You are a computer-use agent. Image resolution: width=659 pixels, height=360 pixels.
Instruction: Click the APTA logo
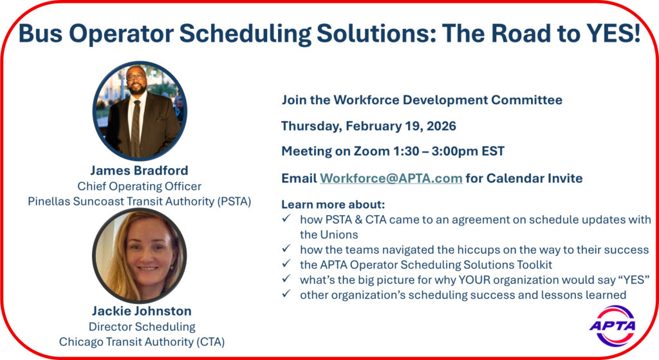pos(613,326)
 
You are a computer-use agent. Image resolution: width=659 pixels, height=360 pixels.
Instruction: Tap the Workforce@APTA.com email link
pos(391,178)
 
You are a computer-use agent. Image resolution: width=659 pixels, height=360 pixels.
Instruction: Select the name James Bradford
pos(139,170)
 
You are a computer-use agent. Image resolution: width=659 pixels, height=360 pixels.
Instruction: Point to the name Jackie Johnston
pos(142,311)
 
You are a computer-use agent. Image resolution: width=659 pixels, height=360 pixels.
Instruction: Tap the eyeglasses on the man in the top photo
pos(136,77)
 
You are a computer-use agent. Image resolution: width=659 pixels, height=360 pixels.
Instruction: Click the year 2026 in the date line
pos(441,126)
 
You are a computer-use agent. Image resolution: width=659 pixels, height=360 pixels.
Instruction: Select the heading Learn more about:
pos(333,204)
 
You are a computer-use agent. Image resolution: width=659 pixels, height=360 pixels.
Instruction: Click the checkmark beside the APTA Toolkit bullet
pos(286,263)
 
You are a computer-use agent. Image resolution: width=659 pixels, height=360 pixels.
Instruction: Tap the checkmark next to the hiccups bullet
pos(286,249)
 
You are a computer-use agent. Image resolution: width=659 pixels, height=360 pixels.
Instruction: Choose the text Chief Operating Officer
pos(139,186)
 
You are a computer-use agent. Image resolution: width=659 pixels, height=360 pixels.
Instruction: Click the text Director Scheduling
pos(142,327)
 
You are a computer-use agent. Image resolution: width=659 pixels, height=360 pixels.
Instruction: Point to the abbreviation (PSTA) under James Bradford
pos(234,202)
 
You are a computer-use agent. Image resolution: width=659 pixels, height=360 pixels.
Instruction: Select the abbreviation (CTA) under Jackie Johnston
pos(210,342)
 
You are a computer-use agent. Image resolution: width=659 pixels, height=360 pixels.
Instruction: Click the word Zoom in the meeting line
pos(371,151)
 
